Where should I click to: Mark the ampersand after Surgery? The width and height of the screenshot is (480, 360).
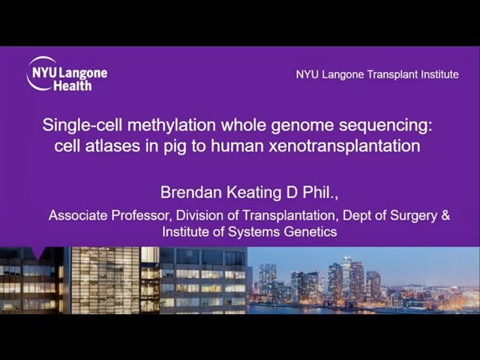(x=445, y=216)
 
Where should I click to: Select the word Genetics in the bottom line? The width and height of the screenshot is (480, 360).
(x=308, y=232)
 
